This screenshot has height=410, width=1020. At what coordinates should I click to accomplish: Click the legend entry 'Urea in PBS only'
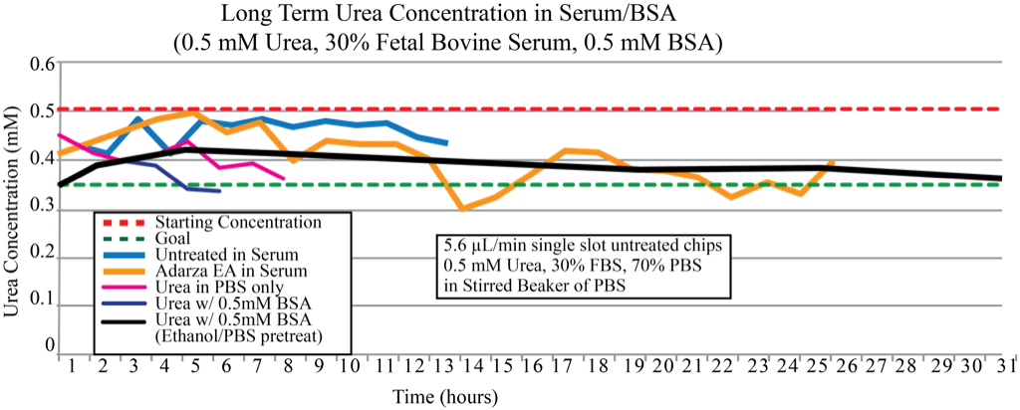click(x=212, y=287)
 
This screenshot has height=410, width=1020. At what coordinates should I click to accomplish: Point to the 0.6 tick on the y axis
click(x=41, y=64)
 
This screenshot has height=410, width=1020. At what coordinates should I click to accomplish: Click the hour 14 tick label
click(x=472, y=368)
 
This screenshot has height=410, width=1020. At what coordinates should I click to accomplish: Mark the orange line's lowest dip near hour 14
click(x=462, y=207)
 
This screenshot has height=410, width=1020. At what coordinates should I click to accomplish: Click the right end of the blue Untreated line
click(x=448, y=143)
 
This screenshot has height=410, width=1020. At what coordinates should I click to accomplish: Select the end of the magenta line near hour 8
click(x=285, y=179)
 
